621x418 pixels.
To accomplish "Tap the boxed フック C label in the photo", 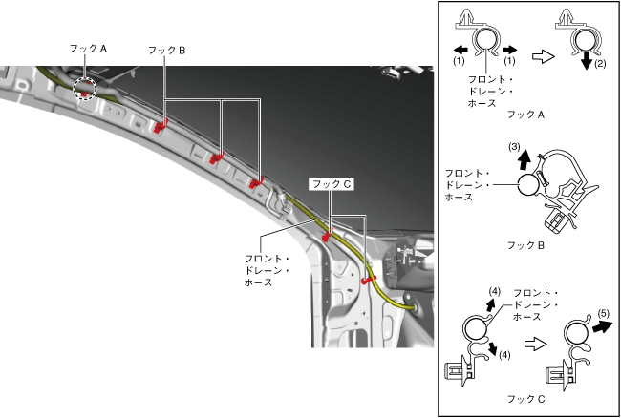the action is [330, 182].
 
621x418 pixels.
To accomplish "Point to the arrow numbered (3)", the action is [525, 160].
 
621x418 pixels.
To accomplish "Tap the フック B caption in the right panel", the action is [528, 245].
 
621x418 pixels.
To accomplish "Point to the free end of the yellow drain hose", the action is [412, 308].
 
